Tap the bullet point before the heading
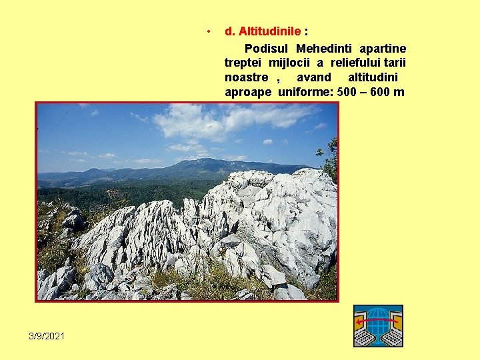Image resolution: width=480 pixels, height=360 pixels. (x=209, y=31)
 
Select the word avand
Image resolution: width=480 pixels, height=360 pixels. (x=313, y=77)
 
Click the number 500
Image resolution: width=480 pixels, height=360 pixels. (x=347, y=92)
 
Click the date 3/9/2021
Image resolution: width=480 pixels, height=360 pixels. (x=47, y=335)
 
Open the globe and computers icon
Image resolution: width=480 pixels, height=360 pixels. (x=378, y=325)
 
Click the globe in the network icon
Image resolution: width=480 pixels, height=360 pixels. (x=378, y=319)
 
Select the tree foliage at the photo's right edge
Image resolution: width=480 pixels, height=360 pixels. (x=330, y=160)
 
